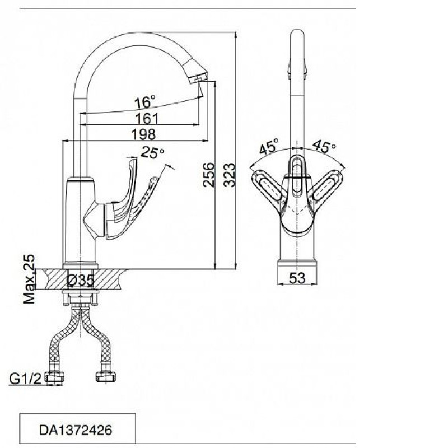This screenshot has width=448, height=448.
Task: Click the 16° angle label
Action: (x=146, y=102)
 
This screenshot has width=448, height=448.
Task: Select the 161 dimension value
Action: (x=147, y=119)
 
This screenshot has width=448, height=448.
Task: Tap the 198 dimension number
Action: (x=144, y=134)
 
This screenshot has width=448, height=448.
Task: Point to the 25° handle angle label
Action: (x=153, y=152)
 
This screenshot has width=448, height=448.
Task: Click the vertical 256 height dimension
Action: (x=208, y=175)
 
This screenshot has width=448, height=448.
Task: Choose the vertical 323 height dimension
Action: (x=229, y=175)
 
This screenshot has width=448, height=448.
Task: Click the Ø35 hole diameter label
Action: (x=80, y=281)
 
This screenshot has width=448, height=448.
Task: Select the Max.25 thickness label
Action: (x=29, y=279)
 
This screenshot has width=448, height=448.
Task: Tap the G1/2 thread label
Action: (x=25, y=379)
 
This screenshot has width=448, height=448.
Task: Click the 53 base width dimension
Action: (x=297, y=278)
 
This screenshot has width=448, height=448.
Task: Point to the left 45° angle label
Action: (x=269, y=147)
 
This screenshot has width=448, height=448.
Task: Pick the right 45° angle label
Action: (x=324, y=146)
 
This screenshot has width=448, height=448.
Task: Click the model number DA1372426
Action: (x=76, y=430)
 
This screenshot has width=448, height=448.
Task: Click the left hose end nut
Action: (x=54, y=377)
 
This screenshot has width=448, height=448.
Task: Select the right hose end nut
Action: (x=106, y=377)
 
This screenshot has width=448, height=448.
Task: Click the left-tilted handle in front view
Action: (x=268, y=186)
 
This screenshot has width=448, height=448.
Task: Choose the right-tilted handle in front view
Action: (x=328, y=186)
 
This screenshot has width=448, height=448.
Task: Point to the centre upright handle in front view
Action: (x=297, y=176)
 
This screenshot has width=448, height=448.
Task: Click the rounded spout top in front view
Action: (x=297, y=36)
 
